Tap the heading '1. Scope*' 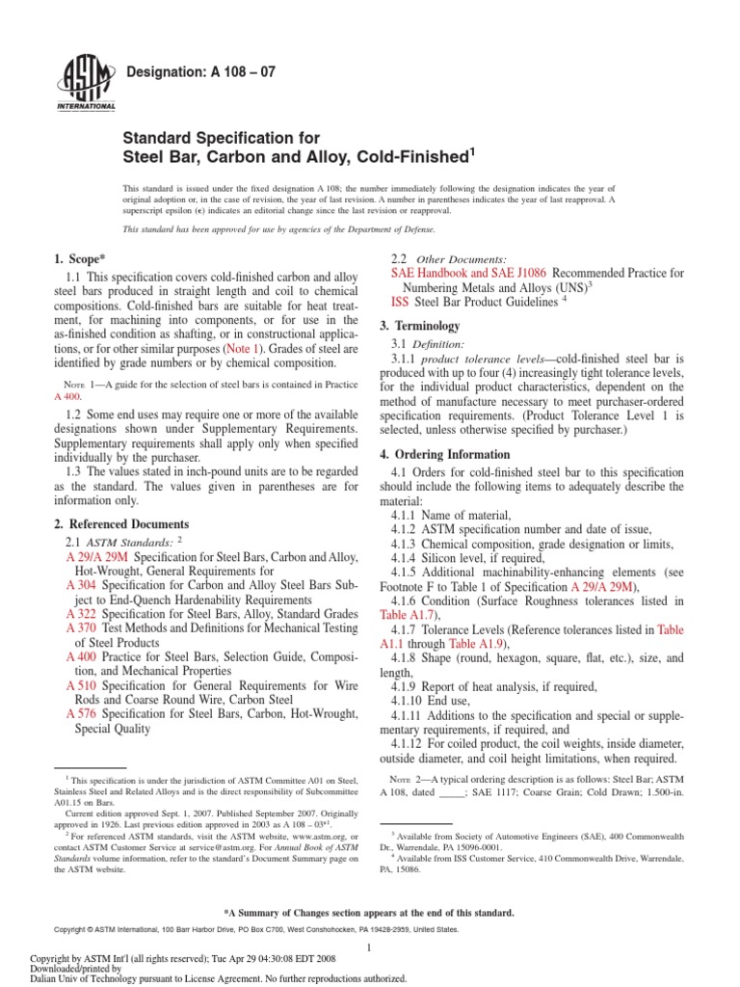point(80,259)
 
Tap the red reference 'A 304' point(81,585)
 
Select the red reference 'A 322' point(81,613)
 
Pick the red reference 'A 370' point(81,627)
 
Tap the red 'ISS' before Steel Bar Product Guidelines point(400,302)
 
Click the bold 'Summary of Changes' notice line point(369,912)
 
